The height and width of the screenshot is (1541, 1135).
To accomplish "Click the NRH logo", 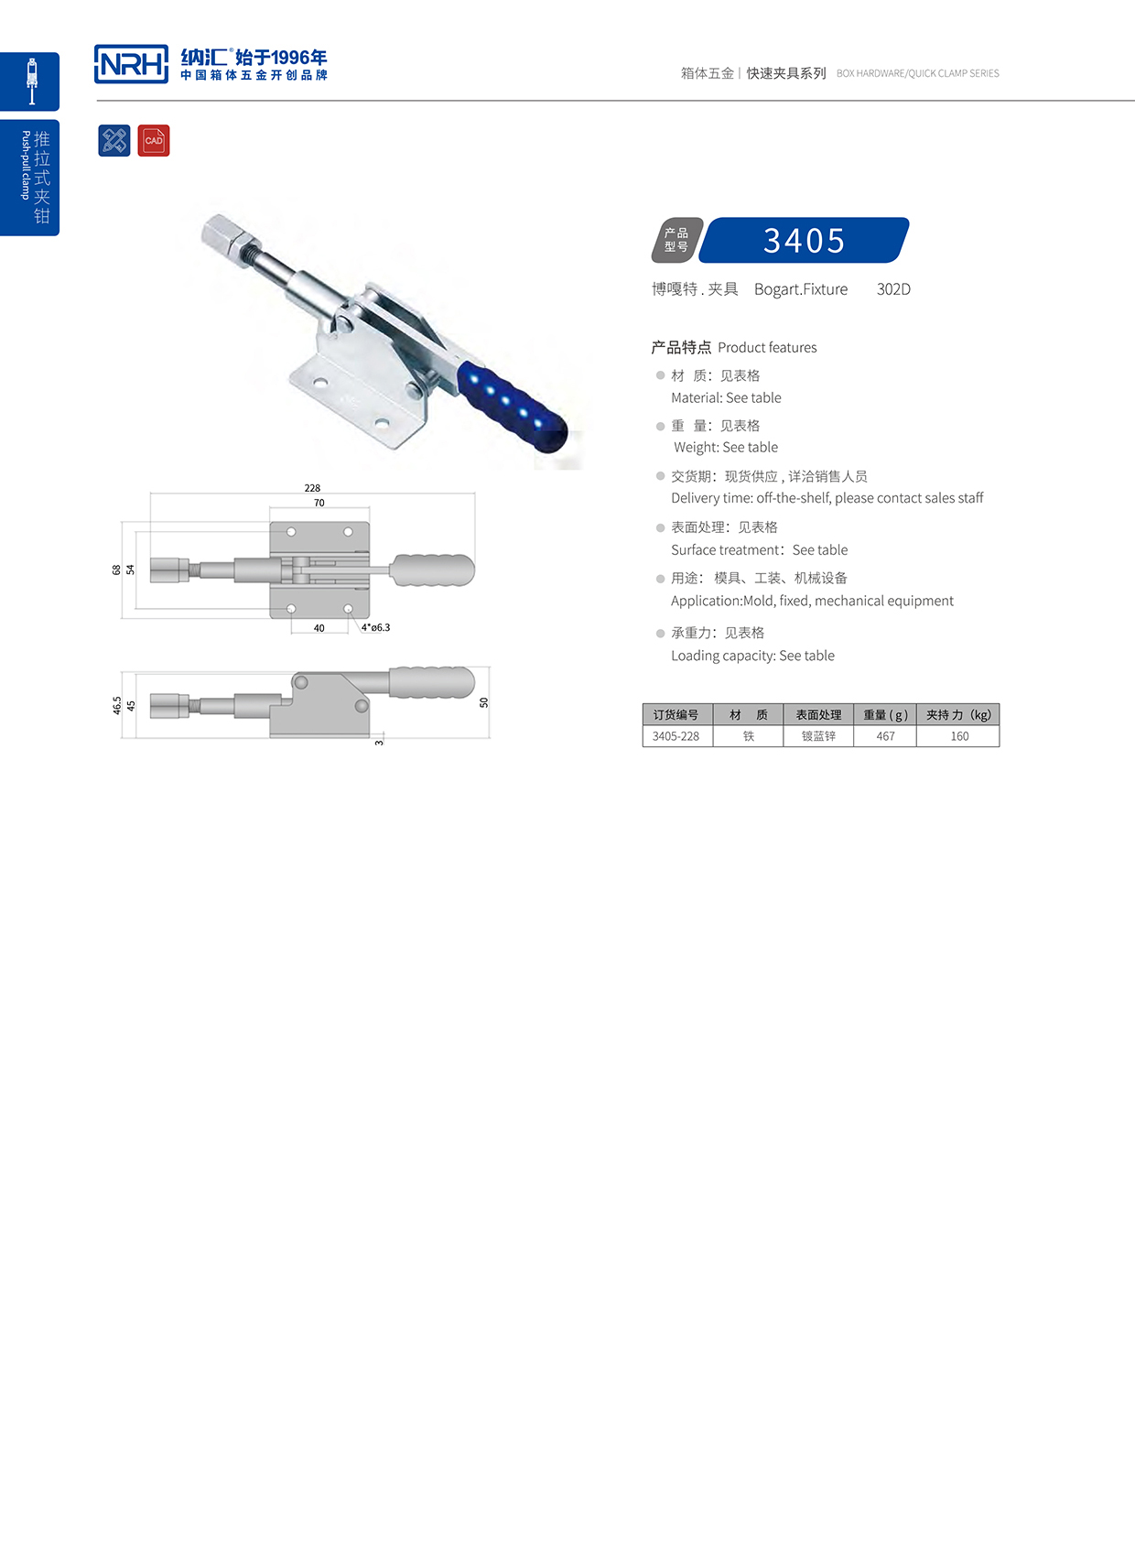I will (131, 64).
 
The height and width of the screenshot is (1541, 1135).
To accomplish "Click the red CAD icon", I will (154, 140).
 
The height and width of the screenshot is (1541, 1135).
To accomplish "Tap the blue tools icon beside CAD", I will (114, 140).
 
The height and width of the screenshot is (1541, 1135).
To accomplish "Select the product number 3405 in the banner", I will (804, 241).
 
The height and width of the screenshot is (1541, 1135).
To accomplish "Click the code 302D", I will (893, 289).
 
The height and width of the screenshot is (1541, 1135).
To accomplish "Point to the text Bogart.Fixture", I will (801, 289).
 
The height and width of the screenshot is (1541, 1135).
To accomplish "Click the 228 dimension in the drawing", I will (312, 488).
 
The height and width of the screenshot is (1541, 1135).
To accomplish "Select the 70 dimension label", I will (319, 503).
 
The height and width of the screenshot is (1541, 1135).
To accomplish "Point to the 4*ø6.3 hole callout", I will (375, 628).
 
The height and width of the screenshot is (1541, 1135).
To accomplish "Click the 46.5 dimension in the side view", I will (117, 705).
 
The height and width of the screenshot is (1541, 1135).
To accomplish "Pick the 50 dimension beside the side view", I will (483, 702).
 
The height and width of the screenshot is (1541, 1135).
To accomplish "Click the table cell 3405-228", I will (676, 736).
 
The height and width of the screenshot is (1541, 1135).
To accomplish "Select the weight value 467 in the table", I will (885, 736).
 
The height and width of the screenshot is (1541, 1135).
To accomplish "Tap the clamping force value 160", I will (958, 736).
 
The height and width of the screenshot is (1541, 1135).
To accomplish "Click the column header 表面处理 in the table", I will (818, 715).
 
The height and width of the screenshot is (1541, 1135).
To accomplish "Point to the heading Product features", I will (767, 348).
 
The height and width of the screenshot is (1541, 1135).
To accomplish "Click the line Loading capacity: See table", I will (752, 656).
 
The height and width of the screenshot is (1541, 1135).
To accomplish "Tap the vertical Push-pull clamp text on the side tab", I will (26, 165).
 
